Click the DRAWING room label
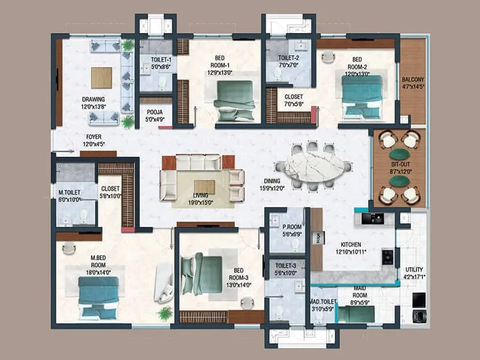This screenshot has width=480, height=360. [93, 100]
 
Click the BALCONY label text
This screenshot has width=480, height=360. [413, 79]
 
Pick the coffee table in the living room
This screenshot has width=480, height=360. [204, 187]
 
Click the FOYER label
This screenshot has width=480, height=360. [93, 136]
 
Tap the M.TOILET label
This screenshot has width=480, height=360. [70, 193]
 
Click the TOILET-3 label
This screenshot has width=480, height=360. [286, 264]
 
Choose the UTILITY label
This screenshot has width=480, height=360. [414, 270]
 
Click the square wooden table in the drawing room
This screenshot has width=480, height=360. [101, 77]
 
